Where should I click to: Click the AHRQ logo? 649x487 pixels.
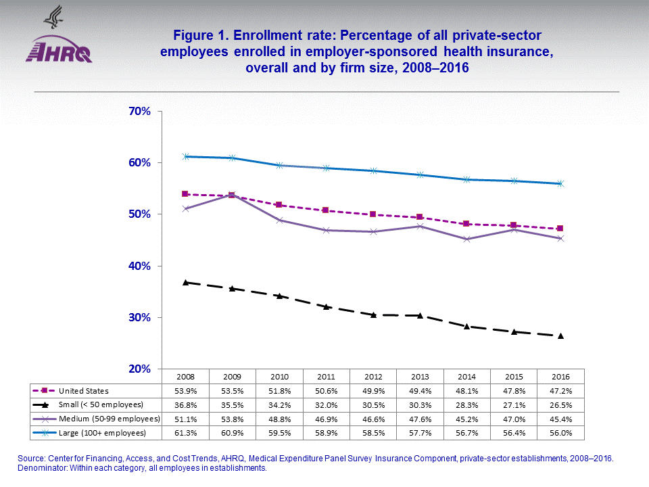click(59, 49)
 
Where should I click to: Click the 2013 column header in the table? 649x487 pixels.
click(420, 376)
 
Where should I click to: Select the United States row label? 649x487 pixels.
click(85, 391)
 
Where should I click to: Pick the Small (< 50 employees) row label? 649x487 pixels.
click(101, 404)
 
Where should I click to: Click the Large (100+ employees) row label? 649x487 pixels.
click(102, 432)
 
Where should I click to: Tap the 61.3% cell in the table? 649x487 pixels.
click(185, 432)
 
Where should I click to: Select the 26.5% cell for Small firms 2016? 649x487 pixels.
click(560, 404)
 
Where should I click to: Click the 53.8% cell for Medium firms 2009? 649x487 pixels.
click(233, 419)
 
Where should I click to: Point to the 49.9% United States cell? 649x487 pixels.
click(373, 391)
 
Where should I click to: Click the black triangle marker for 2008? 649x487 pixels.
click(186, 282)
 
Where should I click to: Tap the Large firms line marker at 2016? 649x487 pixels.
click(560, 183)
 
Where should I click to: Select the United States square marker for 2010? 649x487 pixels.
click(279, 205)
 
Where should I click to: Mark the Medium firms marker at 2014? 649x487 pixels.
click(466, 239)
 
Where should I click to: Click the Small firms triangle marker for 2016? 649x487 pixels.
click(560, 335)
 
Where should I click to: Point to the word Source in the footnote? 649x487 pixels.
click(30, 459)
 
